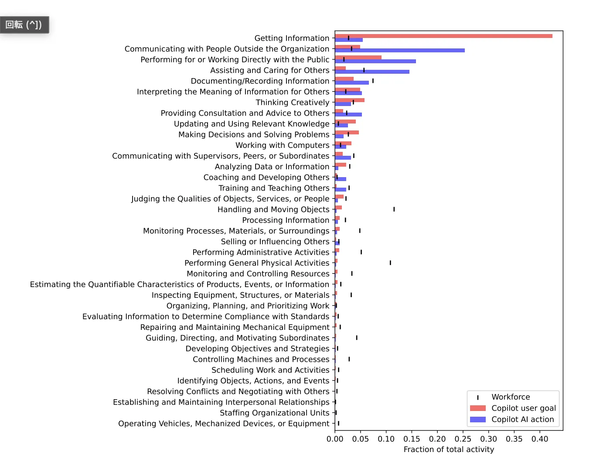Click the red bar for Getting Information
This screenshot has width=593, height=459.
(x=443, y=36)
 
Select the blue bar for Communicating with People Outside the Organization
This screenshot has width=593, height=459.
(x=399, y=51)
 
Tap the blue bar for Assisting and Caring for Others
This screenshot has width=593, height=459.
(x=372, y=72)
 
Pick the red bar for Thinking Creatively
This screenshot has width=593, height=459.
(x=350, y=100)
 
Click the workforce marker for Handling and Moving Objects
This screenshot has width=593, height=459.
(x=394, y=209)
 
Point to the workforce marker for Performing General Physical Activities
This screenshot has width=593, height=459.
(x=390, y=263)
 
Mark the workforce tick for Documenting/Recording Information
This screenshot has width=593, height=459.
(x=373, y=81)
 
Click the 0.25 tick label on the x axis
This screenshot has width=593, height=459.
(x=463, y=439)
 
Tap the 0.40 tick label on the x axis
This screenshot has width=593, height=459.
(x=540, y=439)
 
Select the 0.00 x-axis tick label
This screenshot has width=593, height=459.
(x=335, y=439)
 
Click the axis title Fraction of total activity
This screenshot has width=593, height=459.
(x=449, y=449)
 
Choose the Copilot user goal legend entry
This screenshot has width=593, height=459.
(x=523, y=408)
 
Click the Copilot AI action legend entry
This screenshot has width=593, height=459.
(x=522, y=419)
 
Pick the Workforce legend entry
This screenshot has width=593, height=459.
(x=511, y=397)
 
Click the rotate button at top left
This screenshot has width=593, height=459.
(x=24, y=25)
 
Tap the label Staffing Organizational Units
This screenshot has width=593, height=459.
(x=274, y=413)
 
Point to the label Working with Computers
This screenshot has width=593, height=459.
(x=282, y=145)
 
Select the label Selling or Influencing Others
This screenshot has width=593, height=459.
(x=275, y=242)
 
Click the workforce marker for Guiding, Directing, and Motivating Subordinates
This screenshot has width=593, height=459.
(x=357, y=338)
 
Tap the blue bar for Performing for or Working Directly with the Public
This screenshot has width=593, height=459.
(x=375, y=62)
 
